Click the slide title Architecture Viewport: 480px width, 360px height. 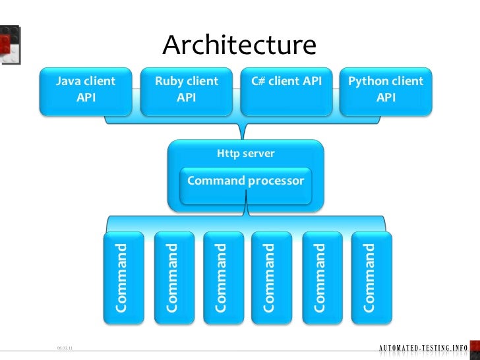239,45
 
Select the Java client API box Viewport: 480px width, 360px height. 86,90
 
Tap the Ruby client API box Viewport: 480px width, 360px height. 187,90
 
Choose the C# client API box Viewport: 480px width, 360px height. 286,90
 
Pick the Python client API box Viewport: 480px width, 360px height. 386,90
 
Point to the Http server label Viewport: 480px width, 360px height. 246,154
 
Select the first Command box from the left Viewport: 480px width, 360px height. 123,278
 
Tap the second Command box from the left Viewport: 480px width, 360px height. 172,278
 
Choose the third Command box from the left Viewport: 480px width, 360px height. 222,278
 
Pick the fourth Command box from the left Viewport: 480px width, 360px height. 271,278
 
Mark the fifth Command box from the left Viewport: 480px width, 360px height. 321,278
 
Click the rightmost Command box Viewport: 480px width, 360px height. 371,278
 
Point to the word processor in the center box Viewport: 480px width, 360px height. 276,181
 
